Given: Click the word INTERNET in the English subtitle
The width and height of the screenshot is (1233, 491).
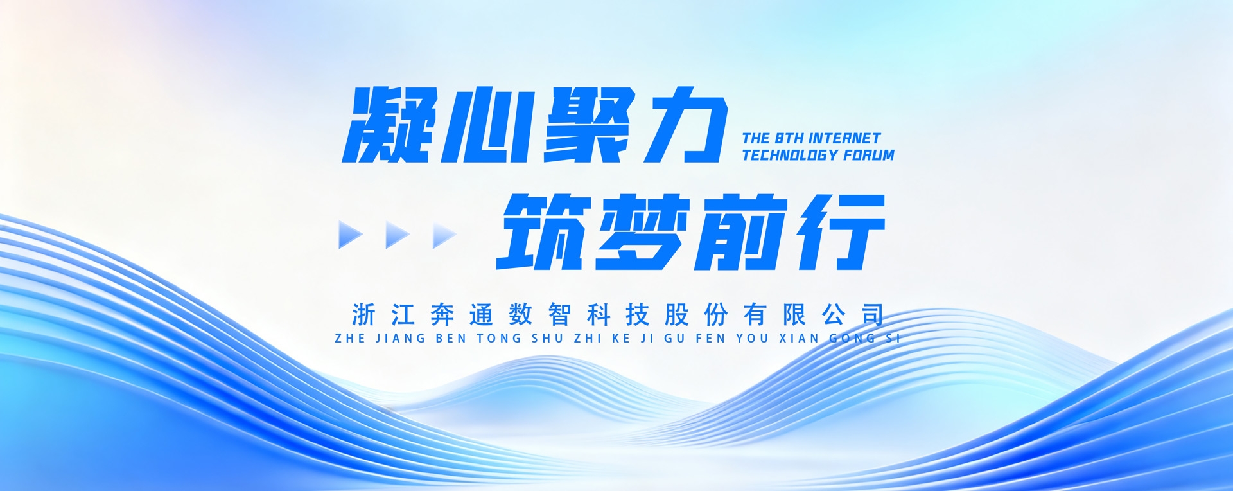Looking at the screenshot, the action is point(844,138).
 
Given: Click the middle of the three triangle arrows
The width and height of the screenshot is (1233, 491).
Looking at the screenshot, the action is point(396,235).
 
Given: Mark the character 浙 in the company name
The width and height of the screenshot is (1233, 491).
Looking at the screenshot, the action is point(364,315).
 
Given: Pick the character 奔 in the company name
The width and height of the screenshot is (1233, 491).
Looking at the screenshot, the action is point(442,315).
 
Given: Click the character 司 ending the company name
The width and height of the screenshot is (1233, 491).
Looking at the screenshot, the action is point(873,315).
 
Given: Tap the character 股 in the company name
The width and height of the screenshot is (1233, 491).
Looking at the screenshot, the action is point(677,315).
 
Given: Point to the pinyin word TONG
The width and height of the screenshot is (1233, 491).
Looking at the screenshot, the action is point(500,338).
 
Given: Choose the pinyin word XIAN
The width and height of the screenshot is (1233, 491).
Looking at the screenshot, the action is point(799,338).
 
